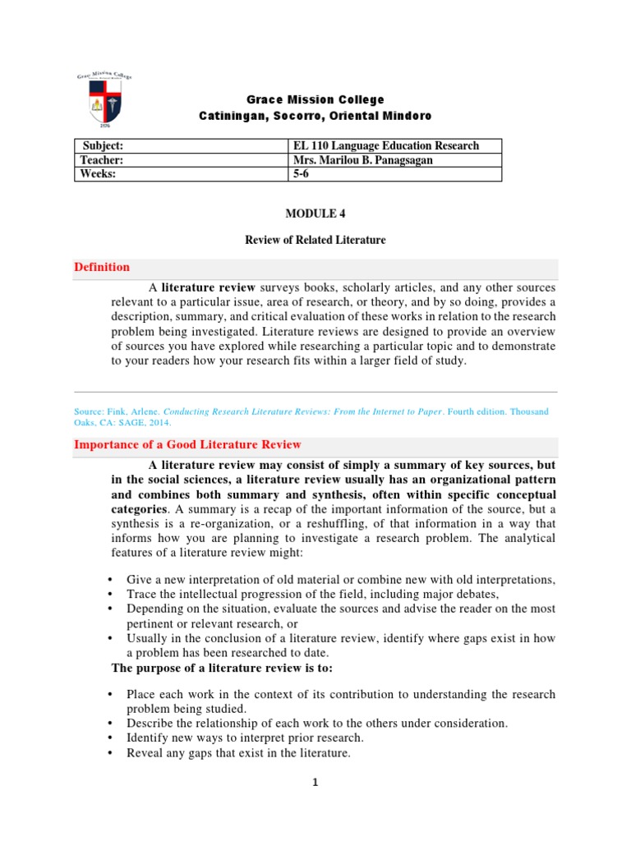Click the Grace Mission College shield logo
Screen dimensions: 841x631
tap(104, 101)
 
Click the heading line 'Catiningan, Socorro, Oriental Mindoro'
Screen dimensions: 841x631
tap(315, 117)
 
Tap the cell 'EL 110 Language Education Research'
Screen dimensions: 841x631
tap(386, 145)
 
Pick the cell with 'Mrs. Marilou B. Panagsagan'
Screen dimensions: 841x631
tap(363, 160)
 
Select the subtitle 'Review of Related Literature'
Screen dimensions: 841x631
tap(315, 240)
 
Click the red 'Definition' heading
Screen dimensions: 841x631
tap(102, 267)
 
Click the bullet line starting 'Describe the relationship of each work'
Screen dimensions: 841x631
tap(317, 724)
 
